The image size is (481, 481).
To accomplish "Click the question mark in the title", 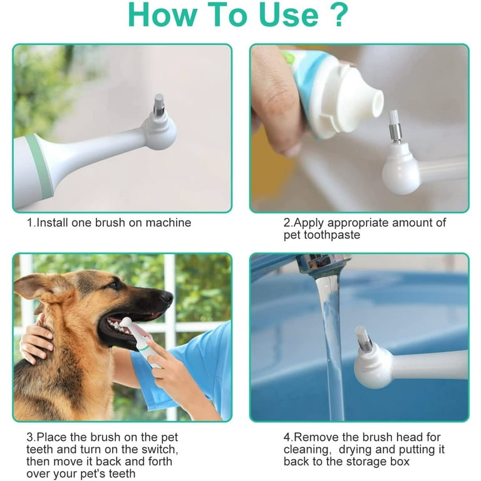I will coord(338,16).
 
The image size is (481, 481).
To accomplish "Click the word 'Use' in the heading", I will coord(276,16).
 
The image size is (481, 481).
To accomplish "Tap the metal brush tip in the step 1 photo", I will coord(158,104).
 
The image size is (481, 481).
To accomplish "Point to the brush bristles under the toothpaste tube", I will coord(393,118).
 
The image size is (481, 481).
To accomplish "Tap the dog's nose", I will coord(167,297).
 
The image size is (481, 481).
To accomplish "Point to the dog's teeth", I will coord(116,324).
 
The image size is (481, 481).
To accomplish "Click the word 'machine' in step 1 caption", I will coord(170,222).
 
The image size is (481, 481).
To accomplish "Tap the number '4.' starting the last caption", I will coord(288,437).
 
